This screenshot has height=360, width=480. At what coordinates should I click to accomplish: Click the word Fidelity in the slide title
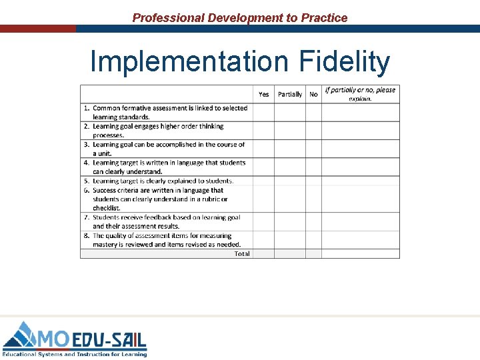click(345, 62)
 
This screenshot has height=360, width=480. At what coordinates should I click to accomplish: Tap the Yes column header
click(264, 94)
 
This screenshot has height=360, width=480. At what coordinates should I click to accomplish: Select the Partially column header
click(290, 94)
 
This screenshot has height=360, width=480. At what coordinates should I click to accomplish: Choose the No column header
click(313, 94)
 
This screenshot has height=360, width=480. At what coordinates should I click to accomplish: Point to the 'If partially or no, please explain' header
click(360, 94)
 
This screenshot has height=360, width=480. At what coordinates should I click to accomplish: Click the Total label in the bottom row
click(242, 253)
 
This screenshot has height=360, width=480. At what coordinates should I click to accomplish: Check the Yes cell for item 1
click(264, 112)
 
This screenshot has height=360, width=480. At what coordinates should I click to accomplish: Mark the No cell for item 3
click(313, 149)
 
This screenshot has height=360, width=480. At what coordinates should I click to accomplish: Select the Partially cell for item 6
click(290, 199)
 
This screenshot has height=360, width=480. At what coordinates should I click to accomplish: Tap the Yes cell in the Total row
click(264, 253)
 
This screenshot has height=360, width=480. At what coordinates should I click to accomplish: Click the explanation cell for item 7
click(360, 221)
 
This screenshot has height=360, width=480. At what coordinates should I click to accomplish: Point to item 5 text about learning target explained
click(163, 181)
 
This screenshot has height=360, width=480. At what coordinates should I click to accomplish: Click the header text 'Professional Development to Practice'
click(240, 18)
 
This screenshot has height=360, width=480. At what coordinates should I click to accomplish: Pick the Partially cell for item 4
click(290, 167)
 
